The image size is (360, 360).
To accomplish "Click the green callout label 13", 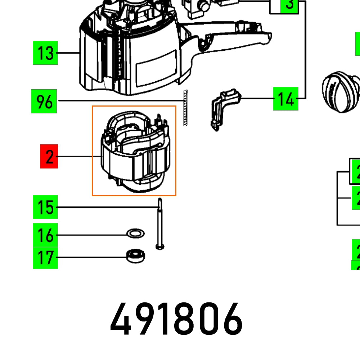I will point(45,53).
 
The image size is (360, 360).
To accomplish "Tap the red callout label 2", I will point(49,157).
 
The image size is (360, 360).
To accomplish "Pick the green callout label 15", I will point(45,207).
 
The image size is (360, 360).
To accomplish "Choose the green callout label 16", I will point(45,235).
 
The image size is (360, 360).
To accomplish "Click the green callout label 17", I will point(45,257).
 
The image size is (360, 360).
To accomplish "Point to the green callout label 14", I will point(285,98).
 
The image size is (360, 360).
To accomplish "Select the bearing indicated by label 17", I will point(135,256).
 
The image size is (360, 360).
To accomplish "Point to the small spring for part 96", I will point(186,108).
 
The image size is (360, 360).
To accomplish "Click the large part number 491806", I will point(176,320).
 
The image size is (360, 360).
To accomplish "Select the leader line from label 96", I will point(119,101).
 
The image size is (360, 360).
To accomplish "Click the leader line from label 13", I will point(68,53).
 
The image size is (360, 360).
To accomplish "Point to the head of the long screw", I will point(159,247).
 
